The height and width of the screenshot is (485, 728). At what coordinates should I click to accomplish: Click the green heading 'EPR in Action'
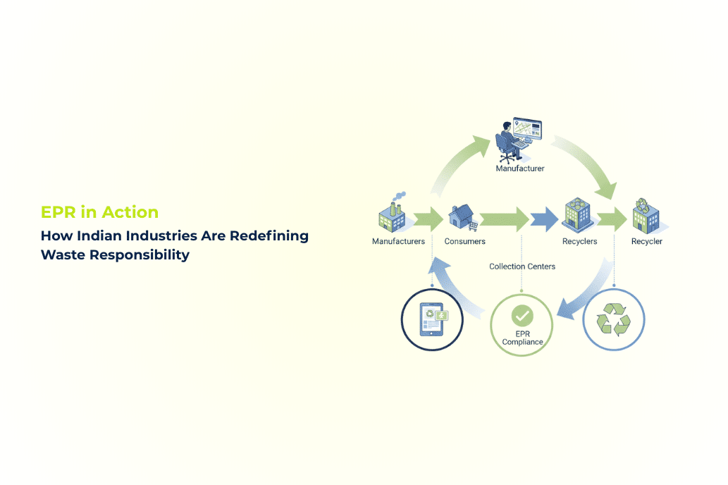99,212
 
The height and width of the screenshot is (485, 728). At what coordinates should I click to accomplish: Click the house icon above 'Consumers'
462,216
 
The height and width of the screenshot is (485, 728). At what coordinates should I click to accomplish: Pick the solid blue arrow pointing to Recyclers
544,219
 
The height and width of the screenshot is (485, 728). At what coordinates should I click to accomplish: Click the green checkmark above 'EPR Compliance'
522,315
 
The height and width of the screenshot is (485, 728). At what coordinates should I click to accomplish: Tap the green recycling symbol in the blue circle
614,320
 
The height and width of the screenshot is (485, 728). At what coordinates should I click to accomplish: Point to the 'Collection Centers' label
522,266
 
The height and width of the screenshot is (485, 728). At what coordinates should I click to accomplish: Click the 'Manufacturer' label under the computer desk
520,169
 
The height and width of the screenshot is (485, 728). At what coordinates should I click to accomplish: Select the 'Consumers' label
464,242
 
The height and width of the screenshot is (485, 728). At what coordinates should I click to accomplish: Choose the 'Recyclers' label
579,242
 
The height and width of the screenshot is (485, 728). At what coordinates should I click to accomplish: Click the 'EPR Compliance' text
522,337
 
